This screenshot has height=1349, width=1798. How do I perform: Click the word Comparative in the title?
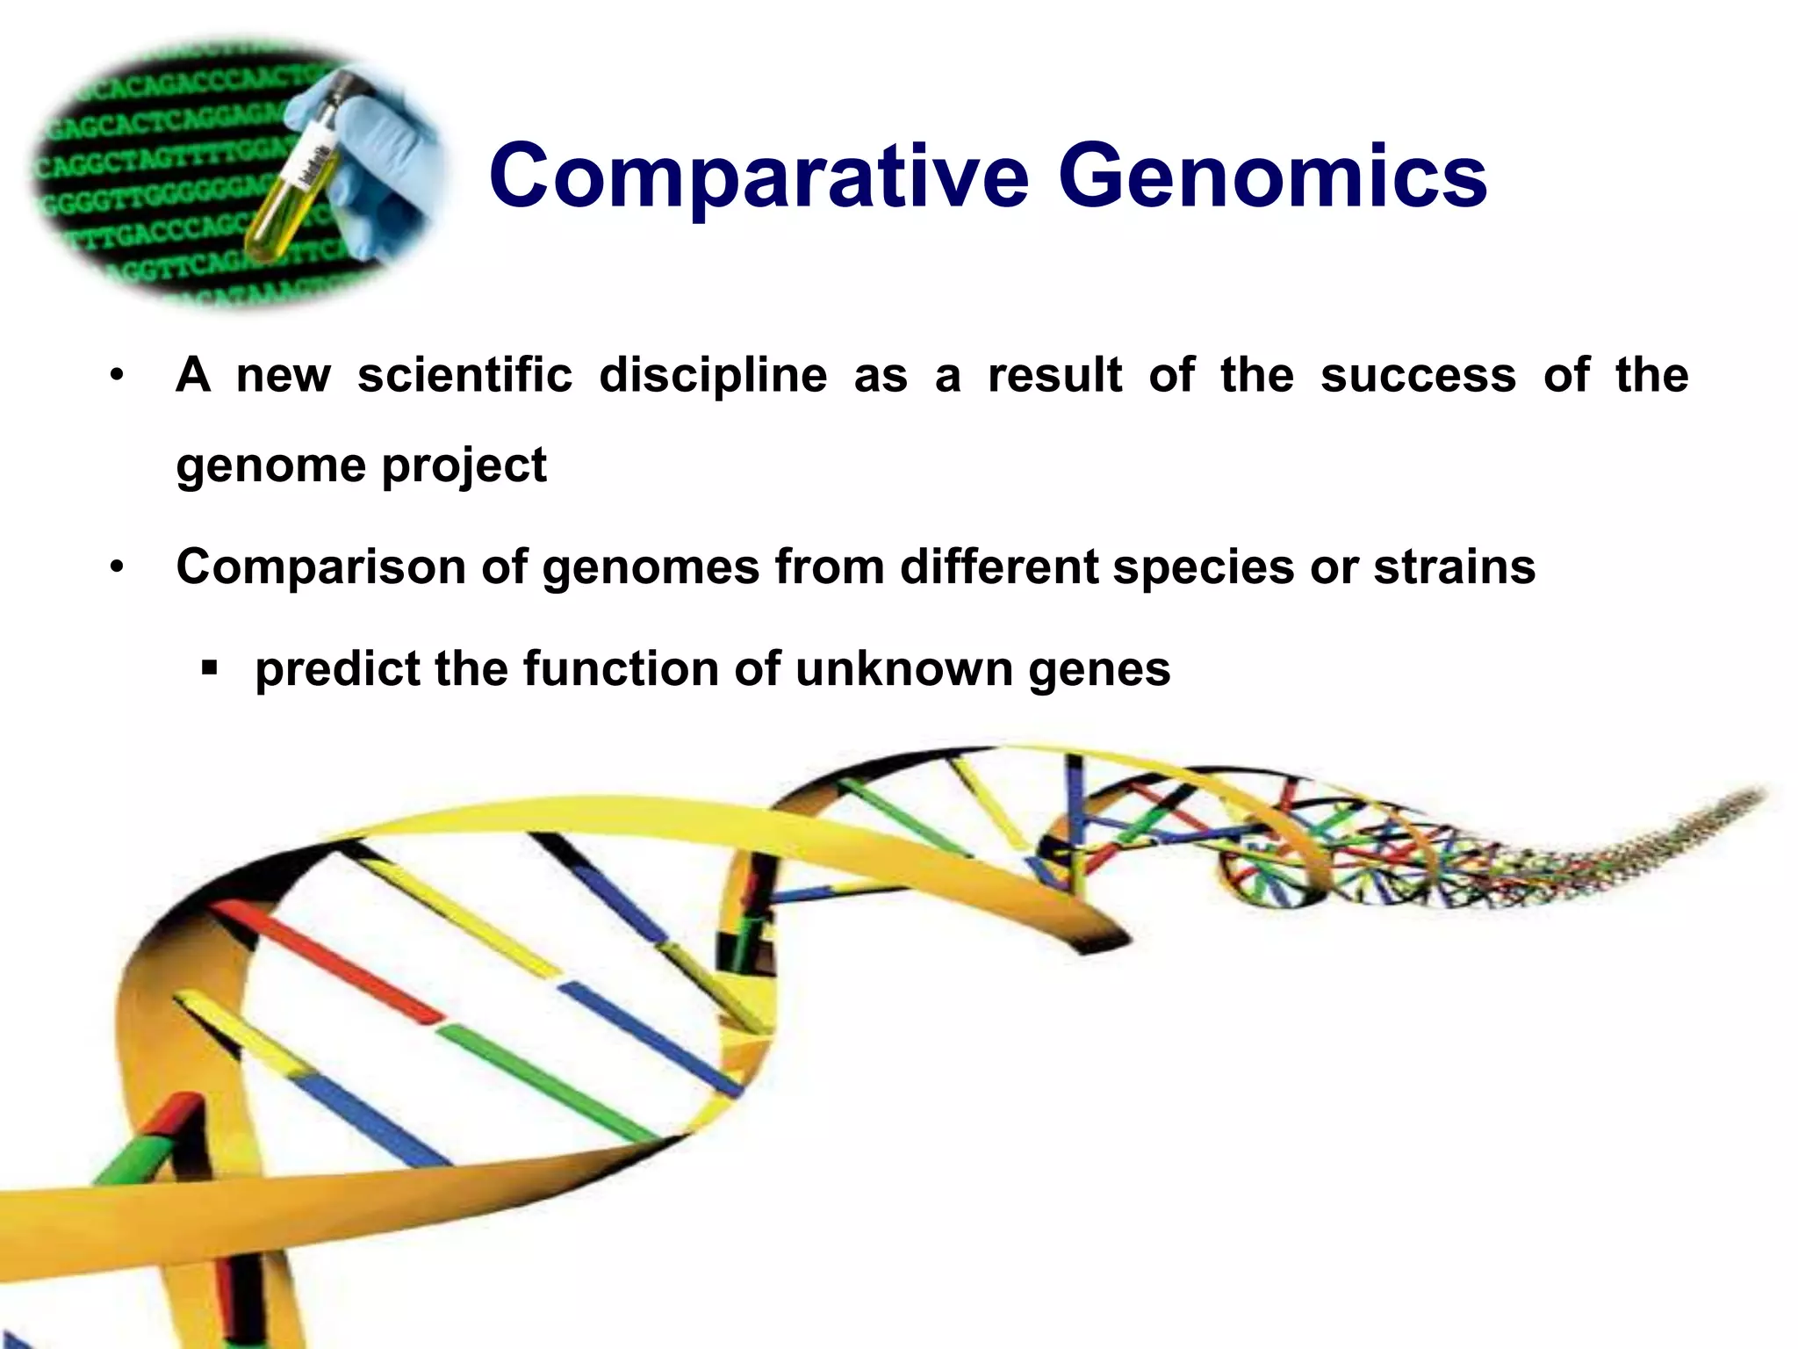click(x=759, y=177)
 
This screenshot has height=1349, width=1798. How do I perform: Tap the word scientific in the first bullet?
click(x=464, y=376)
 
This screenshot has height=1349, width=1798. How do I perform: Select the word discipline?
click(x=713, y=376)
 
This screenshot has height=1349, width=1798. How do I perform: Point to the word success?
click(x=1418, y=376)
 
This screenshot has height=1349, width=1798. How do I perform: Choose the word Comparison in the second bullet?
click(x=321, y=567)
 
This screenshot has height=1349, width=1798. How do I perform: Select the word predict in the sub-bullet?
click(x=337, y=670)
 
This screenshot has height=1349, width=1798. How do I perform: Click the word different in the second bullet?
click(x=998, y=567)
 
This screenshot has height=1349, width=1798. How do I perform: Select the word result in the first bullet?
click(x=1054, y=376)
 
